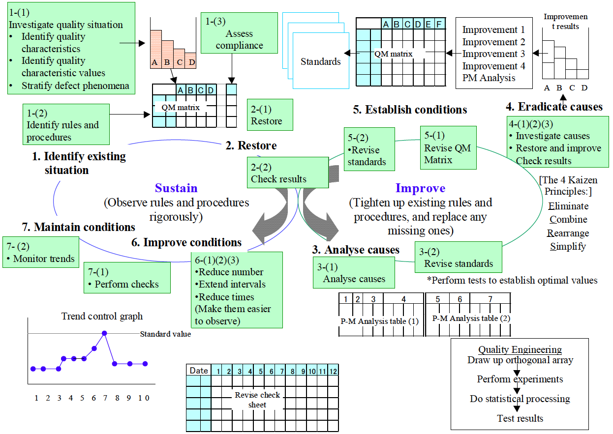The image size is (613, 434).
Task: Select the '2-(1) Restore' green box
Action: [x=271, y=115]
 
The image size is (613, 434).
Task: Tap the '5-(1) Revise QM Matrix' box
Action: [x=448, y=147]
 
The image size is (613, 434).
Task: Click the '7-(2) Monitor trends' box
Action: [x=40, y=252]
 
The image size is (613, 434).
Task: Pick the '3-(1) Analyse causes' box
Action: [x=354, y=273]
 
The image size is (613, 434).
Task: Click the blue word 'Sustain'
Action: [x=176, y=188]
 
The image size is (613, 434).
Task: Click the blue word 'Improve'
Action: [x=420, y=188]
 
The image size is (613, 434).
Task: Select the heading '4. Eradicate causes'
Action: [x=554, y=107]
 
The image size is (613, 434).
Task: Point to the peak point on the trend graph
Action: [x=104, y=333]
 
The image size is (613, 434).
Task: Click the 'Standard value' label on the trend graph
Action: [x=165, y=334]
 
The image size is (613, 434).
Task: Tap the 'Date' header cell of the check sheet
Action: [x=198, y=371]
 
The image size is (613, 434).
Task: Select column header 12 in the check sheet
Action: [x=334, y=371]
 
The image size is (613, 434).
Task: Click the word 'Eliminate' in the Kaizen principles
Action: [x=568, y=206]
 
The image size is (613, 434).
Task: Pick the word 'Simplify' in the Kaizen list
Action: [x=568, y=246]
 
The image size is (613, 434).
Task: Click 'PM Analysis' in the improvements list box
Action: [x=489, y=78]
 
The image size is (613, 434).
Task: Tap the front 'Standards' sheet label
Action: [x=321, y=62]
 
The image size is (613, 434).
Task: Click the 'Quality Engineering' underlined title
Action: [x=520, y=350]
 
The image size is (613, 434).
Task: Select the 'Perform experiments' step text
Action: [x=520, y=379]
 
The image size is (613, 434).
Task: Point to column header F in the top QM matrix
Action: [x=439, y=24]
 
